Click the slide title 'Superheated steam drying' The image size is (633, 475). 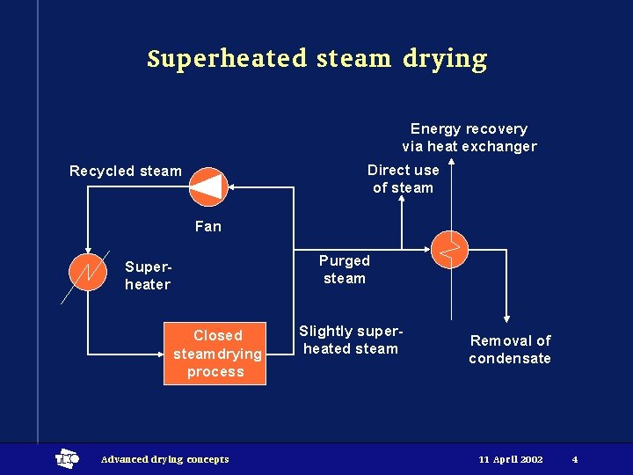316,59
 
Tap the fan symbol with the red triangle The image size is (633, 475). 208,186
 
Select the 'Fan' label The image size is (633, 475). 208,226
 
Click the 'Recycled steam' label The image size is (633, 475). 126,171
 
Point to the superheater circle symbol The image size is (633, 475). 86,271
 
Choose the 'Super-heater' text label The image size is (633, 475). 148,275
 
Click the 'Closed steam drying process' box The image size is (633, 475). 216,354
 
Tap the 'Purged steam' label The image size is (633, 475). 344,269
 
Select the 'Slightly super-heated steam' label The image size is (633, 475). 351,340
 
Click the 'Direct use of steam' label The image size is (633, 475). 403,179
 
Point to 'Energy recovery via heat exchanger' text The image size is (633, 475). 469,138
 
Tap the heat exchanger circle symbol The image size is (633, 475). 451,251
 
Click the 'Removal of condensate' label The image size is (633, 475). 510,349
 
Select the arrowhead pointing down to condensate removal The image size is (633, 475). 507,321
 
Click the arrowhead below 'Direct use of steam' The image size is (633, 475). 402,199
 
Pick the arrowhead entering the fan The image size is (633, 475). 235,186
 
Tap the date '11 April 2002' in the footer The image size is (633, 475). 511,459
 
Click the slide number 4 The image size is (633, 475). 574,459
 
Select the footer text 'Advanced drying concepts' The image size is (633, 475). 165,459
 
